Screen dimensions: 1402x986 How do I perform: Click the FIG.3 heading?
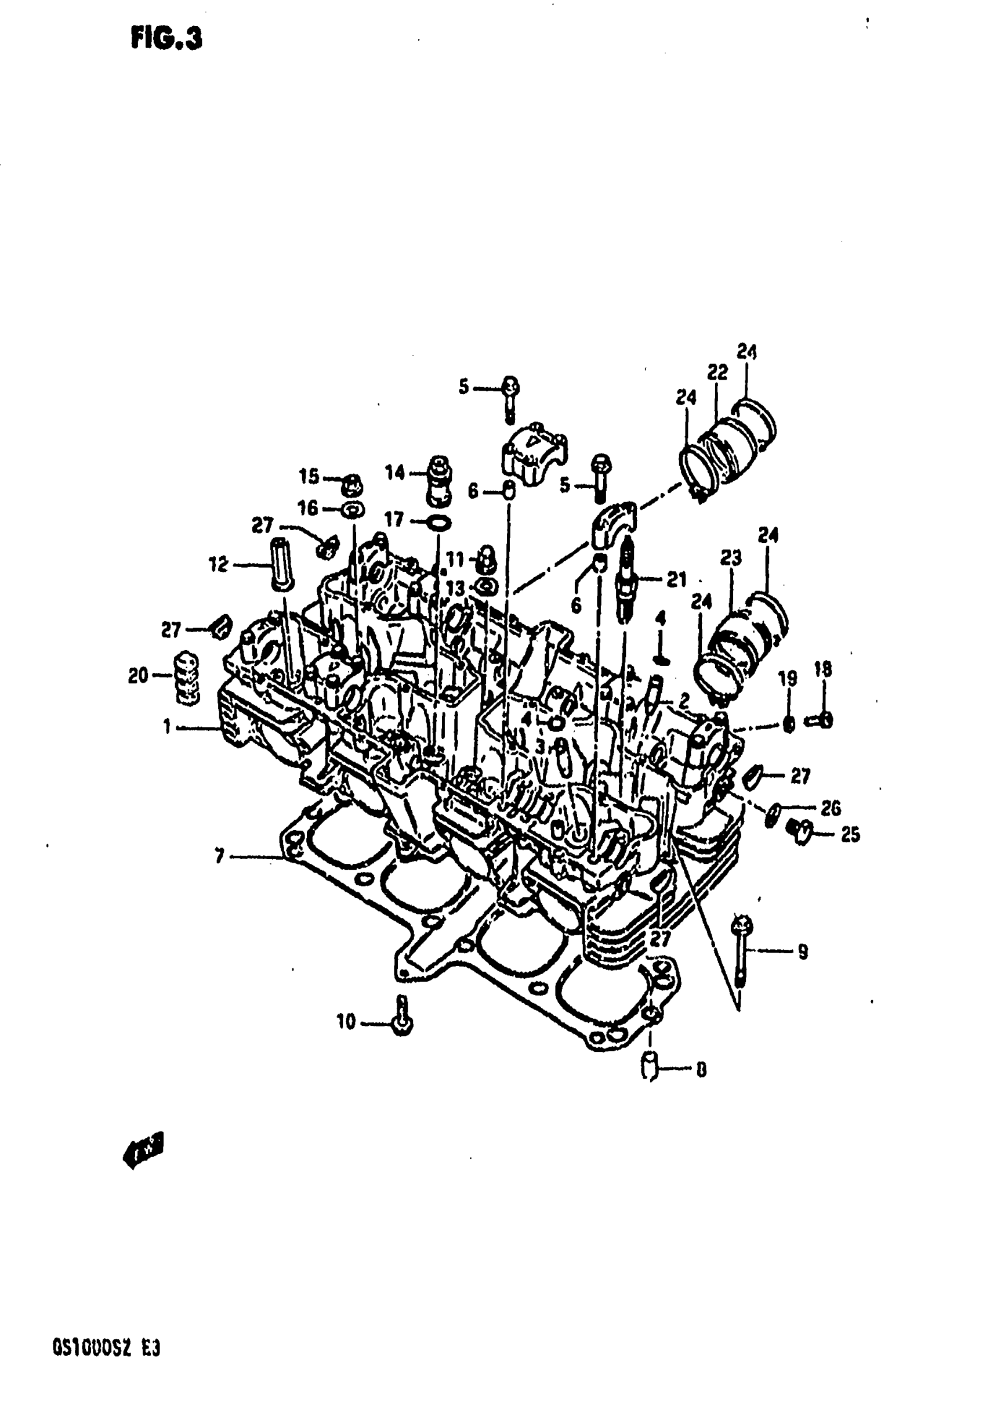(166, 39)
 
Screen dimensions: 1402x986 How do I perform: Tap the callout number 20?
(138, 675)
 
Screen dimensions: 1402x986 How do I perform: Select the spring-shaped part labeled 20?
(187, 679)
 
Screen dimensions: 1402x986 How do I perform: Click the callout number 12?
(219, 564)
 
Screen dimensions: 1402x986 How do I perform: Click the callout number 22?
(717, 373)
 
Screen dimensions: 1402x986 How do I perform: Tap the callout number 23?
(730, 557)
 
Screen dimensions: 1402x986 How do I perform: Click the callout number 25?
(850, 834)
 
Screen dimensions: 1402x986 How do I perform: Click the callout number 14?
(396, 472)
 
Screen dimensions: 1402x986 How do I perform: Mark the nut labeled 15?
(352, 486)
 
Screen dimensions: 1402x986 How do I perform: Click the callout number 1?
(166, 727)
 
